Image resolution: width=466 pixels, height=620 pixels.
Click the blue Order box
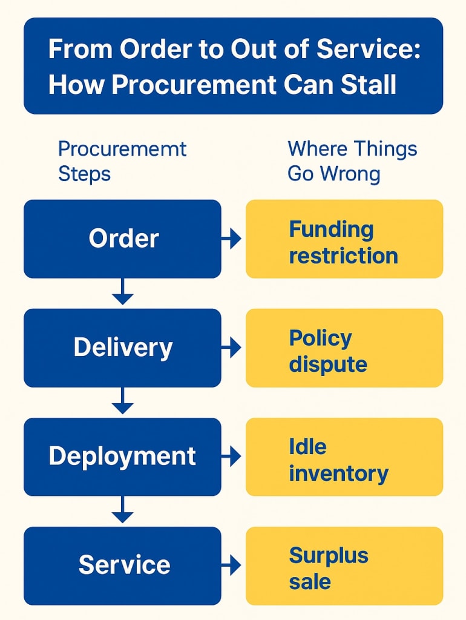[x=122, y=239]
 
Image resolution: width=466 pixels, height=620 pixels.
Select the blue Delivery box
[x=122, y=348]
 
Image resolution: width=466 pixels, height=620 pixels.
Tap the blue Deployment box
[x=122, y=457]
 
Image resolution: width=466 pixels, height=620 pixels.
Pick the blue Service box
[x=122, y=566]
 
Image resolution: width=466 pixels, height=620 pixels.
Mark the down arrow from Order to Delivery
[x=123, y=292]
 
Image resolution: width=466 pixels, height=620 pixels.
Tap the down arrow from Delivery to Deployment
[x=123, y=401]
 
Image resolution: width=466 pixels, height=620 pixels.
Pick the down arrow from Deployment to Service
[x=123, y=510]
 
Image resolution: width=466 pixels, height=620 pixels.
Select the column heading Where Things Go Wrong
[x=352, y=161]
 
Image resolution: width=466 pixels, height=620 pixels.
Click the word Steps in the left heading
[x=84, y=174]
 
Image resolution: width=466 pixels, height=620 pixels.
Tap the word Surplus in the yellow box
[x=329, y=555]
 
